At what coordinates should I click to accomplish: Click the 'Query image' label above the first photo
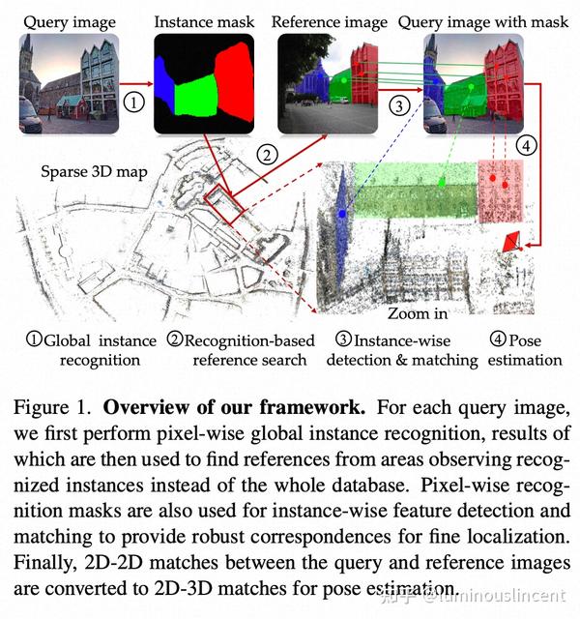(x=70, y=22)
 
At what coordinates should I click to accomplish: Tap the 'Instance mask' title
(x=204, y=22)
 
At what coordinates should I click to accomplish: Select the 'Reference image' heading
(x=329, y=22)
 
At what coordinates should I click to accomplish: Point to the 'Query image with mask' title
(x=483, y=22)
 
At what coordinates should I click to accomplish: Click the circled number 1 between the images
(x=133, y=103)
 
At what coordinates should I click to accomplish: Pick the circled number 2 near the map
(x=267, y=155)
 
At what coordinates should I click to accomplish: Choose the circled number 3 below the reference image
(x=399, y=105)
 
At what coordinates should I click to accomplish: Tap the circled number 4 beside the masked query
(x=526, y=146)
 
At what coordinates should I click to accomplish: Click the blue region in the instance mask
(x=163, y=85)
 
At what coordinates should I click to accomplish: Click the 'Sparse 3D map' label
(x=94, y=172)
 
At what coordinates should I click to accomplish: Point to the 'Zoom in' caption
(x=418, y=313)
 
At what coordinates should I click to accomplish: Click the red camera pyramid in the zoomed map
(x=511, y=242)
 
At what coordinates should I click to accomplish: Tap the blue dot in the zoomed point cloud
(x=342, y=214)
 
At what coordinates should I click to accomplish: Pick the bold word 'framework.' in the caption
(x=312, y=407)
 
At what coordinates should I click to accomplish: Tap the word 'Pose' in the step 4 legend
(x=525, y=340)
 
